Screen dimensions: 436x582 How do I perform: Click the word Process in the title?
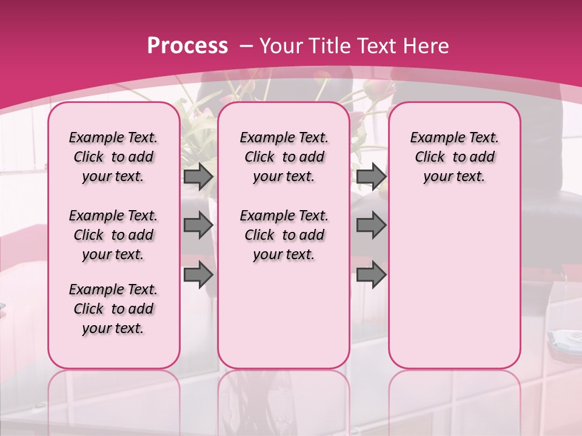(x=187, y=46)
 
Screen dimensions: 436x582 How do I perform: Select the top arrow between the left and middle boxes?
(x=198, y=177)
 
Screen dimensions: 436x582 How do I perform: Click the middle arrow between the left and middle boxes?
(x=198, y=225)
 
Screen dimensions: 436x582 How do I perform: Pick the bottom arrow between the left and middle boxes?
(x=198, y=274)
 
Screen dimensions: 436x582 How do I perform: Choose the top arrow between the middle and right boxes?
(x=371, y=177)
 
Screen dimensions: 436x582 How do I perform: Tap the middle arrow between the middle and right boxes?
(x=371, y=225)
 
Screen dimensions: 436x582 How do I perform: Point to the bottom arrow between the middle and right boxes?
(x=371, y=274)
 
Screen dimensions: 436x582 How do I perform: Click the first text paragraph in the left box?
(x=113, y=157)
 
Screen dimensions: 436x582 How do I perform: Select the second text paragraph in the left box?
(x=113, y=235)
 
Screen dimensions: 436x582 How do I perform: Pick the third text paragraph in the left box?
(x=113, y=309)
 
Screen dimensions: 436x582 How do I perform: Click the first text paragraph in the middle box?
(x=284, y=157)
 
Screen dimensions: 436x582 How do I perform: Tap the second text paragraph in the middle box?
(x=284, y=235)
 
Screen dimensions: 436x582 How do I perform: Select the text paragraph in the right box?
(x=455, y=157)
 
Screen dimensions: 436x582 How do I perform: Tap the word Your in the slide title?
(x=281, y=46)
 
